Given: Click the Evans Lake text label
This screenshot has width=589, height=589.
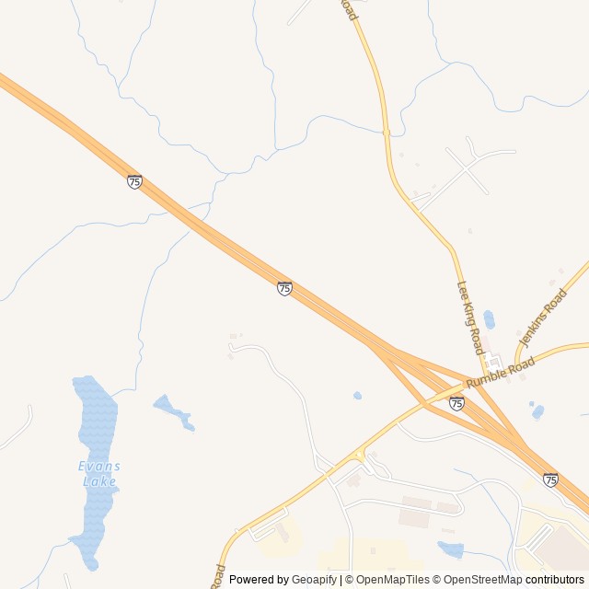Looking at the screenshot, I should point(99,473).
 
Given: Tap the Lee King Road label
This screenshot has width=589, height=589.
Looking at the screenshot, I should point(470,318).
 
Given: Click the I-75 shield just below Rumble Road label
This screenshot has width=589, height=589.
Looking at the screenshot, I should point(456,403).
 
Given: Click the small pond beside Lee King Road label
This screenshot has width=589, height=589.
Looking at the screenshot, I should point(489,319).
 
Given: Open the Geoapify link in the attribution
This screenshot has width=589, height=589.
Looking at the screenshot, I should point(314,580).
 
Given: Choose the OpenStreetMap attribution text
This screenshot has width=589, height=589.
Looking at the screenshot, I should point(479,580).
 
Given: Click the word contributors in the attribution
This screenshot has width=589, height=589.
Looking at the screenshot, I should point(555,580).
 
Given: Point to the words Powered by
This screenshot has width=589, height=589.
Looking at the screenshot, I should point(259,580).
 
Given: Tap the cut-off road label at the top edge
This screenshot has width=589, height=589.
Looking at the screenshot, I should point(349,9).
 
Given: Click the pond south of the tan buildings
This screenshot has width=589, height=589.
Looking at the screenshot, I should point(451,549).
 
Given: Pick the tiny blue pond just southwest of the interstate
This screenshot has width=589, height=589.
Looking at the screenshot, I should point(357,396).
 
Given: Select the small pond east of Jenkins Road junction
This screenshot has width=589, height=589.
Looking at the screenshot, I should point(537,411).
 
